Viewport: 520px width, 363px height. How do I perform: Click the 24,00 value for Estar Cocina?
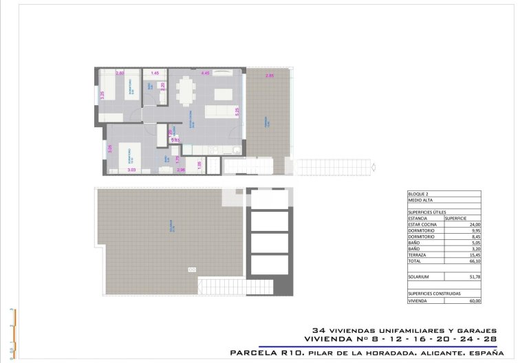[474, 224]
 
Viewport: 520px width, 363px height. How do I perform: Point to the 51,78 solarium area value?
[474, 276]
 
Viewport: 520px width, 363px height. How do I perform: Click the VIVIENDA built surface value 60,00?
[474, 300]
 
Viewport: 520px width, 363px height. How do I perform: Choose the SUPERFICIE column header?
[457, 218]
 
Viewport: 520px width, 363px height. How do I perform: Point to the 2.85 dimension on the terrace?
[270, 75]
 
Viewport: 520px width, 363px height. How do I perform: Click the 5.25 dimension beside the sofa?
[237, 110]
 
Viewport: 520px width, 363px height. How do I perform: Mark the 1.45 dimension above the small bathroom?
[155, 73]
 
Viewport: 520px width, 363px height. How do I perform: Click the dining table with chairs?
[186, 90]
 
